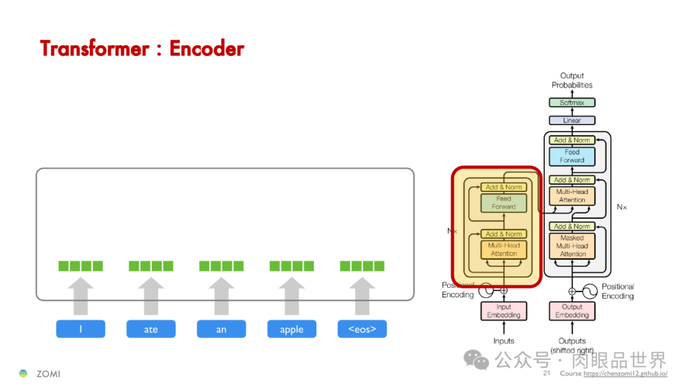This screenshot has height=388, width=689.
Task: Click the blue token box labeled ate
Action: tap(151, 329)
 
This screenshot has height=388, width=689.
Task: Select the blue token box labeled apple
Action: tap(292, 329)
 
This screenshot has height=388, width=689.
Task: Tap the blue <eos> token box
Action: tap(362, 329)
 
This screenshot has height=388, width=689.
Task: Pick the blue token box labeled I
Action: tap(80, 329)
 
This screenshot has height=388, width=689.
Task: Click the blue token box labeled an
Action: tap(221, 329)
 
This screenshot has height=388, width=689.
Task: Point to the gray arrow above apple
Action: tap(292, 296)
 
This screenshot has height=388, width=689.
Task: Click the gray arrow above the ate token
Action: tap(151, 296)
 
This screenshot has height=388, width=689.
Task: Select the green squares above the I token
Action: tap(80, 266)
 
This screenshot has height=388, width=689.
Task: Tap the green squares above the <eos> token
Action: tap(362, 266)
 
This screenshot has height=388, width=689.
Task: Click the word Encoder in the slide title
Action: tap(207, 48)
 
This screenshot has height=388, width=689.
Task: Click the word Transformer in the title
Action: tap(93, 48)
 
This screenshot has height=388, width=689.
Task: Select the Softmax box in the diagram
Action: tap(572, 103)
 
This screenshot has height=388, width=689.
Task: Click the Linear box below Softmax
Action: tap(572, 121)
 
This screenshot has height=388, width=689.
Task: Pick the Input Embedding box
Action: tap(503, 311)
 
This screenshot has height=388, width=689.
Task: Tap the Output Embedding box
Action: tap(572, 311)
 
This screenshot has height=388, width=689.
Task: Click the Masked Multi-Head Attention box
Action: tap(572, 246)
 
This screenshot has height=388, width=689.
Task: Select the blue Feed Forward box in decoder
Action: tap(572, 156)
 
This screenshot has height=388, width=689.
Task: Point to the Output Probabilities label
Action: tap(572, 80)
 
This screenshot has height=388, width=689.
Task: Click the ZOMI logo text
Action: tap(48, 374)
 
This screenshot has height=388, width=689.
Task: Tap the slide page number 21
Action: tap(547, 373)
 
